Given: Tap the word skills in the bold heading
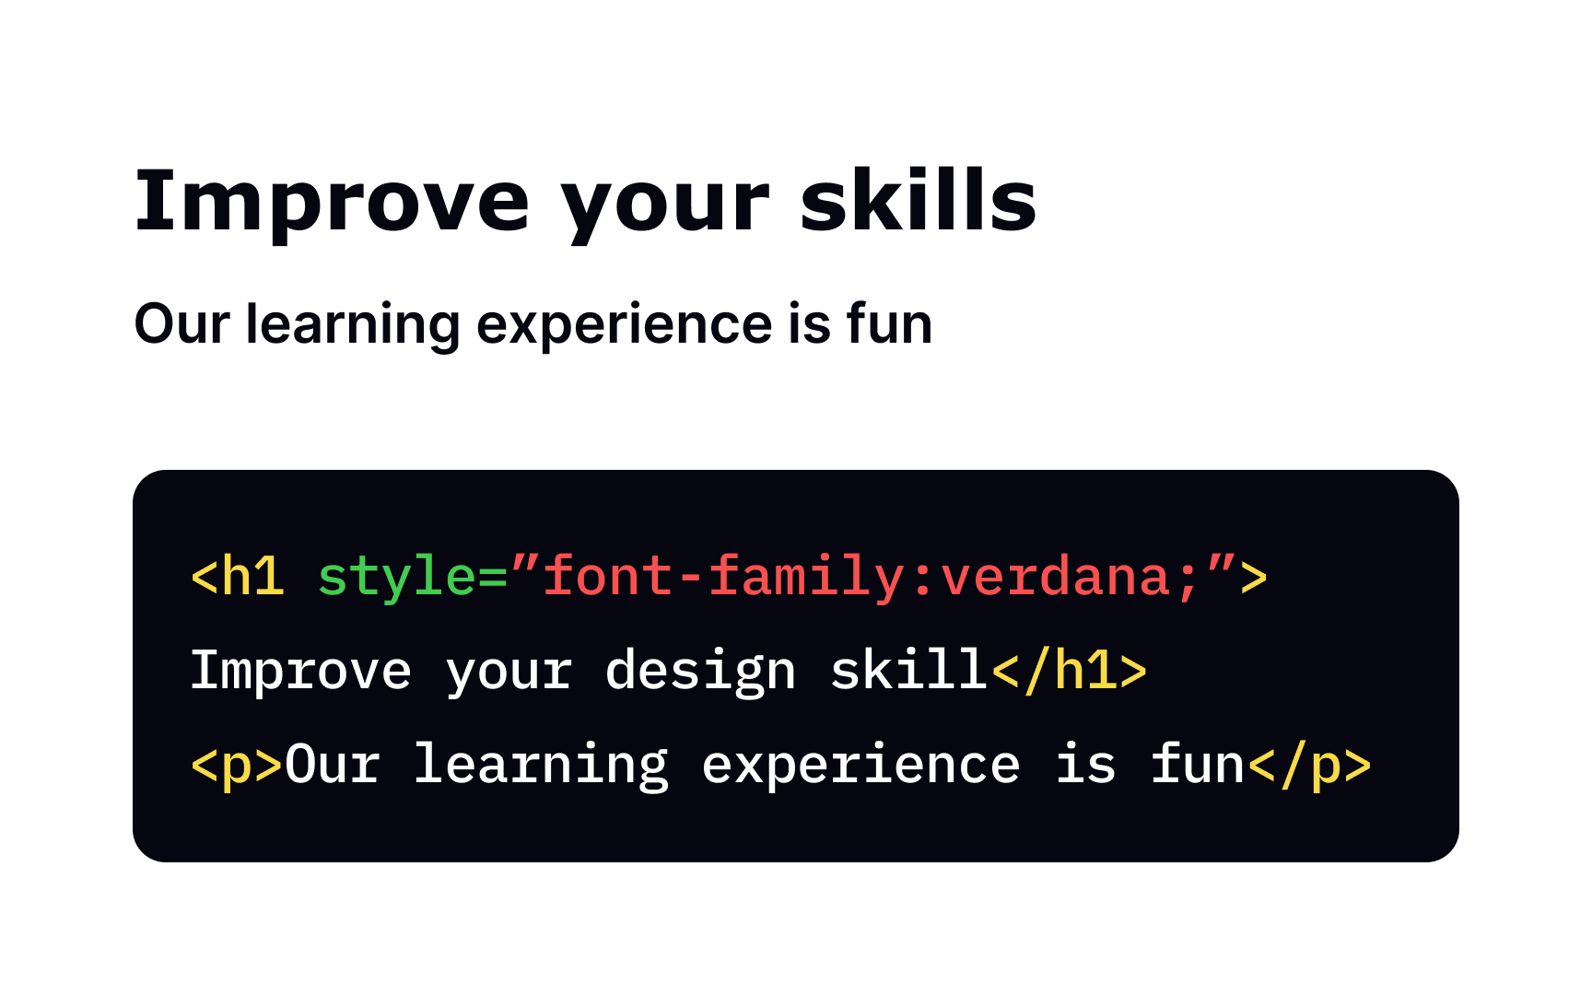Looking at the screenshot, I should pos(918,201).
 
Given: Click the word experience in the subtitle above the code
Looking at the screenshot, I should pos(624,326).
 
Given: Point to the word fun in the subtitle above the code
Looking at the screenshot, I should pos(889,324).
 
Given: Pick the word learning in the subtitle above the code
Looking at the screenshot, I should pos(352,326).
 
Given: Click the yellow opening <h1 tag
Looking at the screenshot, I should pos(238,578).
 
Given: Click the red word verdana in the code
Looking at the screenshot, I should pos(1056,578).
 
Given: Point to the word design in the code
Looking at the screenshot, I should pos(700,672).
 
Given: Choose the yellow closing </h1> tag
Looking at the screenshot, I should pos(1069,672).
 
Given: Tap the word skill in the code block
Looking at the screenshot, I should pos(908,670).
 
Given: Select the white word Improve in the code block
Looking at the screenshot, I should pos(300,672).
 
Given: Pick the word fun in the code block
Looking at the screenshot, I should pos(1197,765).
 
